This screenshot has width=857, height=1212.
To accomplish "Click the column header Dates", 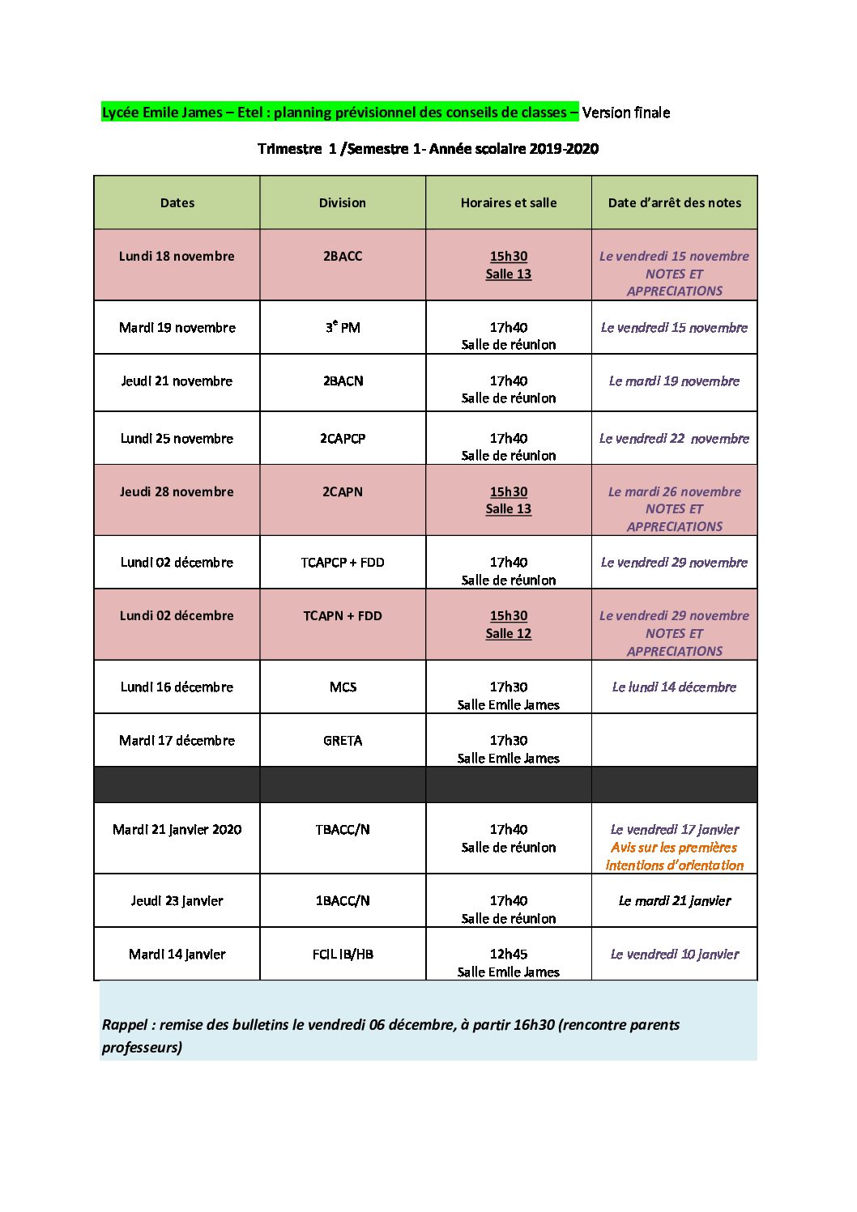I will click(177, 203).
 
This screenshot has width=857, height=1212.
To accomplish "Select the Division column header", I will click(342, 203).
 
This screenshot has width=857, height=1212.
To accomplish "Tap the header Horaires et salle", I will click(508, 203).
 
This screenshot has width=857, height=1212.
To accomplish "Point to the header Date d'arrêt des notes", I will click(674, 203).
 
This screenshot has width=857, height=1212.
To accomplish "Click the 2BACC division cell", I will click(343, 257).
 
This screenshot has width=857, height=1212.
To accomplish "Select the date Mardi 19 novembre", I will click(177, 328).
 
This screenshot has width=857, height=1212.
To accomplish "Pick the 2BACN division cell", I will click(343, 381).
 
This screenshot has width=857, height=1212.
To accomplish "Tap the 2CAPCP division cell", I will click(343, 439).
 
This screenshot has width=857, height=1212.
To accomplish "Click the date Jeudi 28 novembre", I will click(177, 492).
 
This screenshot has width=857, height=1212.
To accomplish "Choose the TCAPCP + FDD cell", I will click(343, 563).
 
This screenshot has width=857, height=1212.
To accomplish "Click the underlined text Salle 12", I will click(508, 634).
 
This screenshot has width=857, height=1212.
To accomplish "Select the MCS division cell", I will click(343, 687).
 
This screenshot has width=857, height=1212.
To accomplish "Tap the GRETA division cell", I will click(343, 741).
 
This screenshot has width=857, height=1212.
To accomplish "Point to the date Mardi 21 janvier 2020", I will click(177, 830).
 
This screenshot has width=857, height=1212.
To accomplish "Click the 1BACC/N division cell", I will click(343, 901).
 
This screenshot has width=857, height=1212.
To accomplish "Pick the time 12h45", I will click(508, 955).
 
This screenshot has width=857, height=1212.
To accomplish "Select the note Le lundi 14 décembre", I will click(674, 687).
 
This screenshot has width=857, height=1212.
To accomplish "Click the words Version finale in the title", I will click(626, 113).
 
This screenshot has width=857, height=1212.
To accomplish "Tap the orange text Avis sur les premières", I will click(674, 848).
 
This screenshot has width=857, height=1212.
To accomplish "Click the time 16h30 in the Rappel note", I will click(535, 1025).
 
